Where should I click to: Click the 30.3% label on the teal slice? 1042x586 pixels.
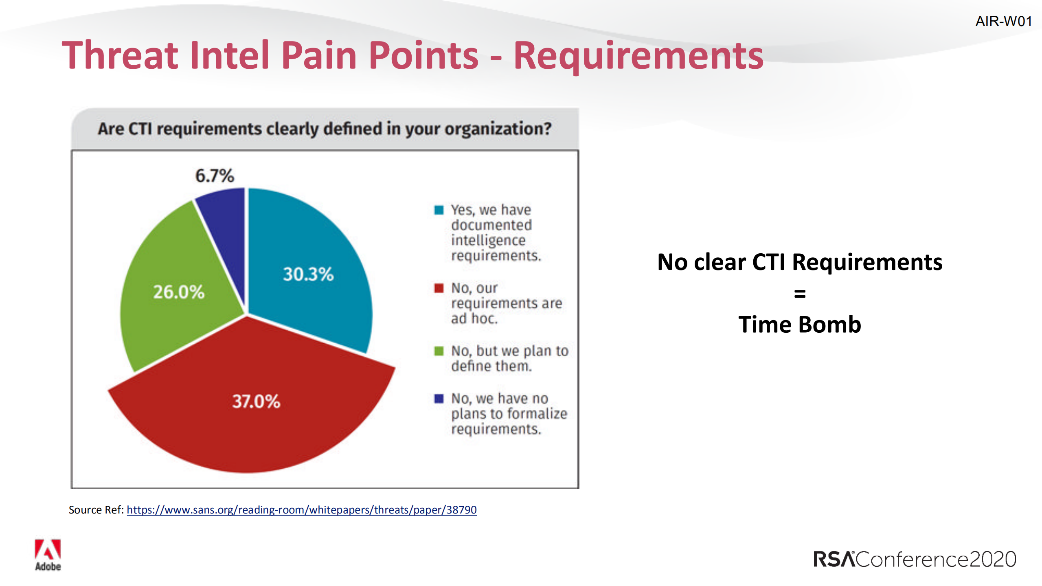coord(308,274)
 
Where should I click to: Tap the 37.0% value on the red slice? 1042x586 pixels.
coord(256,402)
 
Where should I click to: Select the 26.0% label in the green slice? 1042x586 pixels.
coord(178,292)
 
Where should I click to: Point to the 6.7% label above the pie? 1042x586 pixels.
coord(215,176)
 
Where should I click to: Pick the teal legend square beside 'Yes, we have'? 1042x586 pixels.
coord(439,210)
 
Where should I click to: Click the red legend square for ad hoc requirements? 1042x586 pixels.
coord(439,288)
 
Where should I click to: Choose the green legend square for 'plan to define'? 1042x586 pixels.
coord(439,351)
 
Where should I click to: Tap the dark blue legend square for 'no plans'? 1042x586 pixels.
coord(439,398)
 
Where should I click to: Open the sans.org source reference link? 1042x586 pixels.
coord(301,510)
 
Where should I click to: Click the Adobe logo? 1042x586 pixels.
coord(48,555)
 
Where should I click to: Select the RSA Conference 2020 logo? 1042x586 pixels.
coord(915,559)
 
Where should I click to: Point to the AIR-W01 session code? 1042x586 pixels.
coord(1003,21)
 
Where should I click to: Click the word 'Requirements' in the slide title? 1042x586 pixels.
coord(638,56)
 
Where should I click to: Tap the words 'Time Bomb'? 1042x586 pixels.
coord(800,325)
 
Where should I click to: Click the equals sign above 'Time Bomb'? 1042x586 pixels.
coord(800,294)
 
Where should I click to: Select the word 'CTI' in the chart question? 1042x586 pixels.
coord(140,129)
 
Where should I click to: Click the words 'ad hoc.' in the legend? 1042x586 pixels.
coord(474,318)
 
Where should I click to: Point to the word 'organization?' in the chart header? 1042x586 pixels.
coord(498,129)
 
